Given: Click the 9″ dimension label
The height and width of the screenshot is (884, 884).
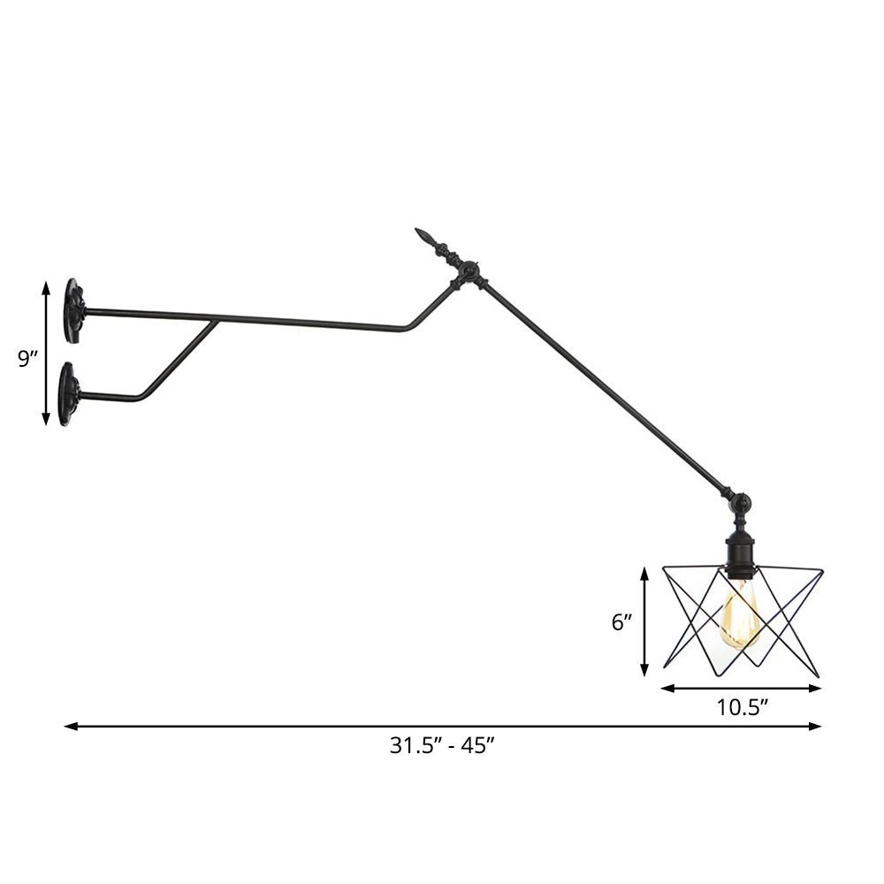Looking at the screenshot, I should [x=28, y=359].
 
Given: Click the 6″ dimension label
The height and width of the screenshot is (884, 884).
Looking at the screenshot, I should [x=621, y=622].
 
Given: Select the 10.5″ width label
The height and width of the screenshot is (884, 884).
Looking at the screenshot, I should [x=741, y=707].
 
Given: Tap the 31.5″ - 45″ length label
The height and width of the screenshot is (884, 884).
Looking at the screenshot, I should [x=442, y=745].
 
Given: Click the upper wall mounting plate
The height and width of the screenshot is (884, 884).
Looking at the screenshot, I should [x=73, y=311].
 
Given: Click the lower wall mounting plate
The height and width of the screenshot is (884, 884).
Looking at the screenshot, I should [x=68, y=393].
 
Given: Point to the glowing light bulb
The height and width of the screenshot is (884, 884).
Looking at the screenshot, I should [x=740, y=615].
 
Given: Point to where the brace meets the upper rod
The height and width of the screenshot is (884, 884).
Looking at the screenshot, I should [x=215, y=321].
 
